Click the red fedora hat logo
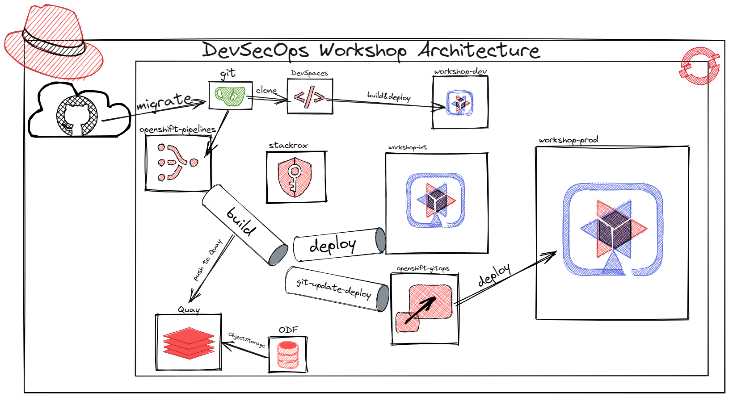click(54, 42)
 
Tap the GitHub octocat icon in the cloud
click(77, 116)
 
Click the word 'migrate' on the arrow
click(164, 101)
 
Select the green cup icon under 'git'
click(230, 96)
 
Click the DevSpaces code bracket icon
click(309, 97)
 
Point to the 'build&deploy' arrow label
click(388, 96)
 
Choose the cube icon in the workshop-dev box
click(460, 103)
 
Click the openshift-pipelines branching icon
click(177, 162)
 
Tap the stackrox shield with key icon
click(295, 177)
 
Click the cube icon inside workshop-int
click(436, 201)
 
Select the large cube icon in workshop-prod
click(613, 230)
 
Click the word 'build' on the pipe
click(242, 221)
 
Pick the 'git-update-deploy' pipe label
click(334, 288)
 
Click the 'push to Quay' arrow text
click(208, 260)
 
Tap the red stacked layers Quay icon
click(189, 343)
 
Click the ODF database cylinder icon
click(288, 355)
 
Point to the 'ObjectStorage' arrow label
click(247, 339)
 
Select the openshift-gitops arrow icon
click(424, 308)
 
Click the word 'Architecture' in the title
click(479, 50)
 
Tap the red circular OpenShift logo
click(700, 66)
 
